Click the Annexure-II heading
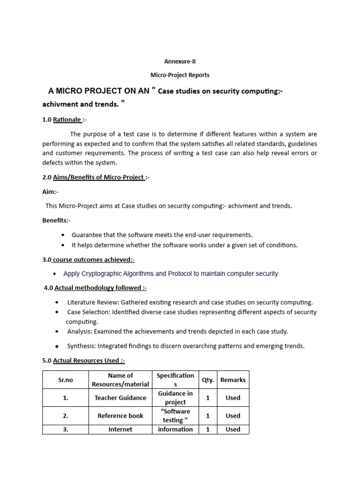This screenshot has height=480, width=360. click(180, 61)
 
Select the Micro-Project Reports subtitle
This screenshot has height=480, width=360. click(180, 75)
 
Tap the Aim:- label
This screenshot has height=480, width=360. click(51, 192)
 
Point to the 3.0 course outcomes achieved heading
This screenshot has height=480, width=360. click(88, 259)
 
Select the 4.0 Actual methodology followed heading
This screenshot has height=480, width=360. click(96, 288)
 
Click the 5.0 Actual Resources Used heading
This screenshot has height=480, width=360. click(83, 360)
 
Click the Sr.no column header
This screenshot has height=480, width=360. click(66, 380)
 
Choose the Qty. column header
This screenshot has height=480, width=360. click(208, 380)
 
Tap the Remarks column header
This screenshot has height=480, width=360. click(233, 380)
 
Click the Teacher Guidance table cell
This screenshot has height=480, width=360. click(120, 397)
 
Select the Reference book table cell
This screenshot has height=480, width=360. click(120, 415)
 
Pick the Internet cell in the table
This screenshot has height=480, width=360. click(120, 429)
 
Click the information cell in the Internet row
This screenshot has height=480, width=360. click(175, 429)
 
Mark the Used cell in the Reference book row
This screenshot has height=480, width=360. click(233, 415)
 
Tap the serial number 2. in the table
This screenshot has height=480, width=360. click(66, 415)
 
